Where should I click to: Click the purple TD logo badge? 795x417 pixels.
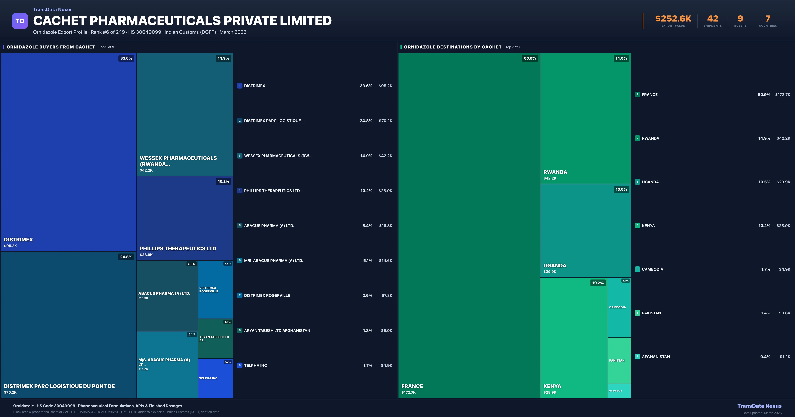(20, 21)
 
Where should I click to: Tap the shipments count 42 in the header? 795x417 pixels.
(713, 19)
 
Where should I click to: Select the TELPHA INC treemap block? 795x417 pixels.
(215, 378)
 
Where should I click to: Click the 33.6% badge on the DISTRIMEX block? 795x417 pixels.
(126, 58)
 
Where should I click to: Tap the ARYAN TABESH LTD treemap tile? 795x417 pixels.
(215, 339)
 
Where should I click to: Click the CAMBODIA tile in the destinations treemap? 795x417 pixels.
(619, 307)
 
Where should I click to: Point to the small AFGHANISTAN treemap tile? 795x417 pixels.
(619, 391)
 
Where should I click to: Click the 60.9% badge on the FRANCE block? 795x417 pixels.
(530, 58)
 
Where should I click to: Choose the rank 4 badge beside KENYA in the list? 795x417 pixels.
(637, 226)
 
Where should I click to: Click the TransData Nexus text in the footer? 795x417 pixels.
(759, 406)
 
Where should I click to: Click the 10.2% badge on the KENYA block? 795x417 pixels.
(598, 283)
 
